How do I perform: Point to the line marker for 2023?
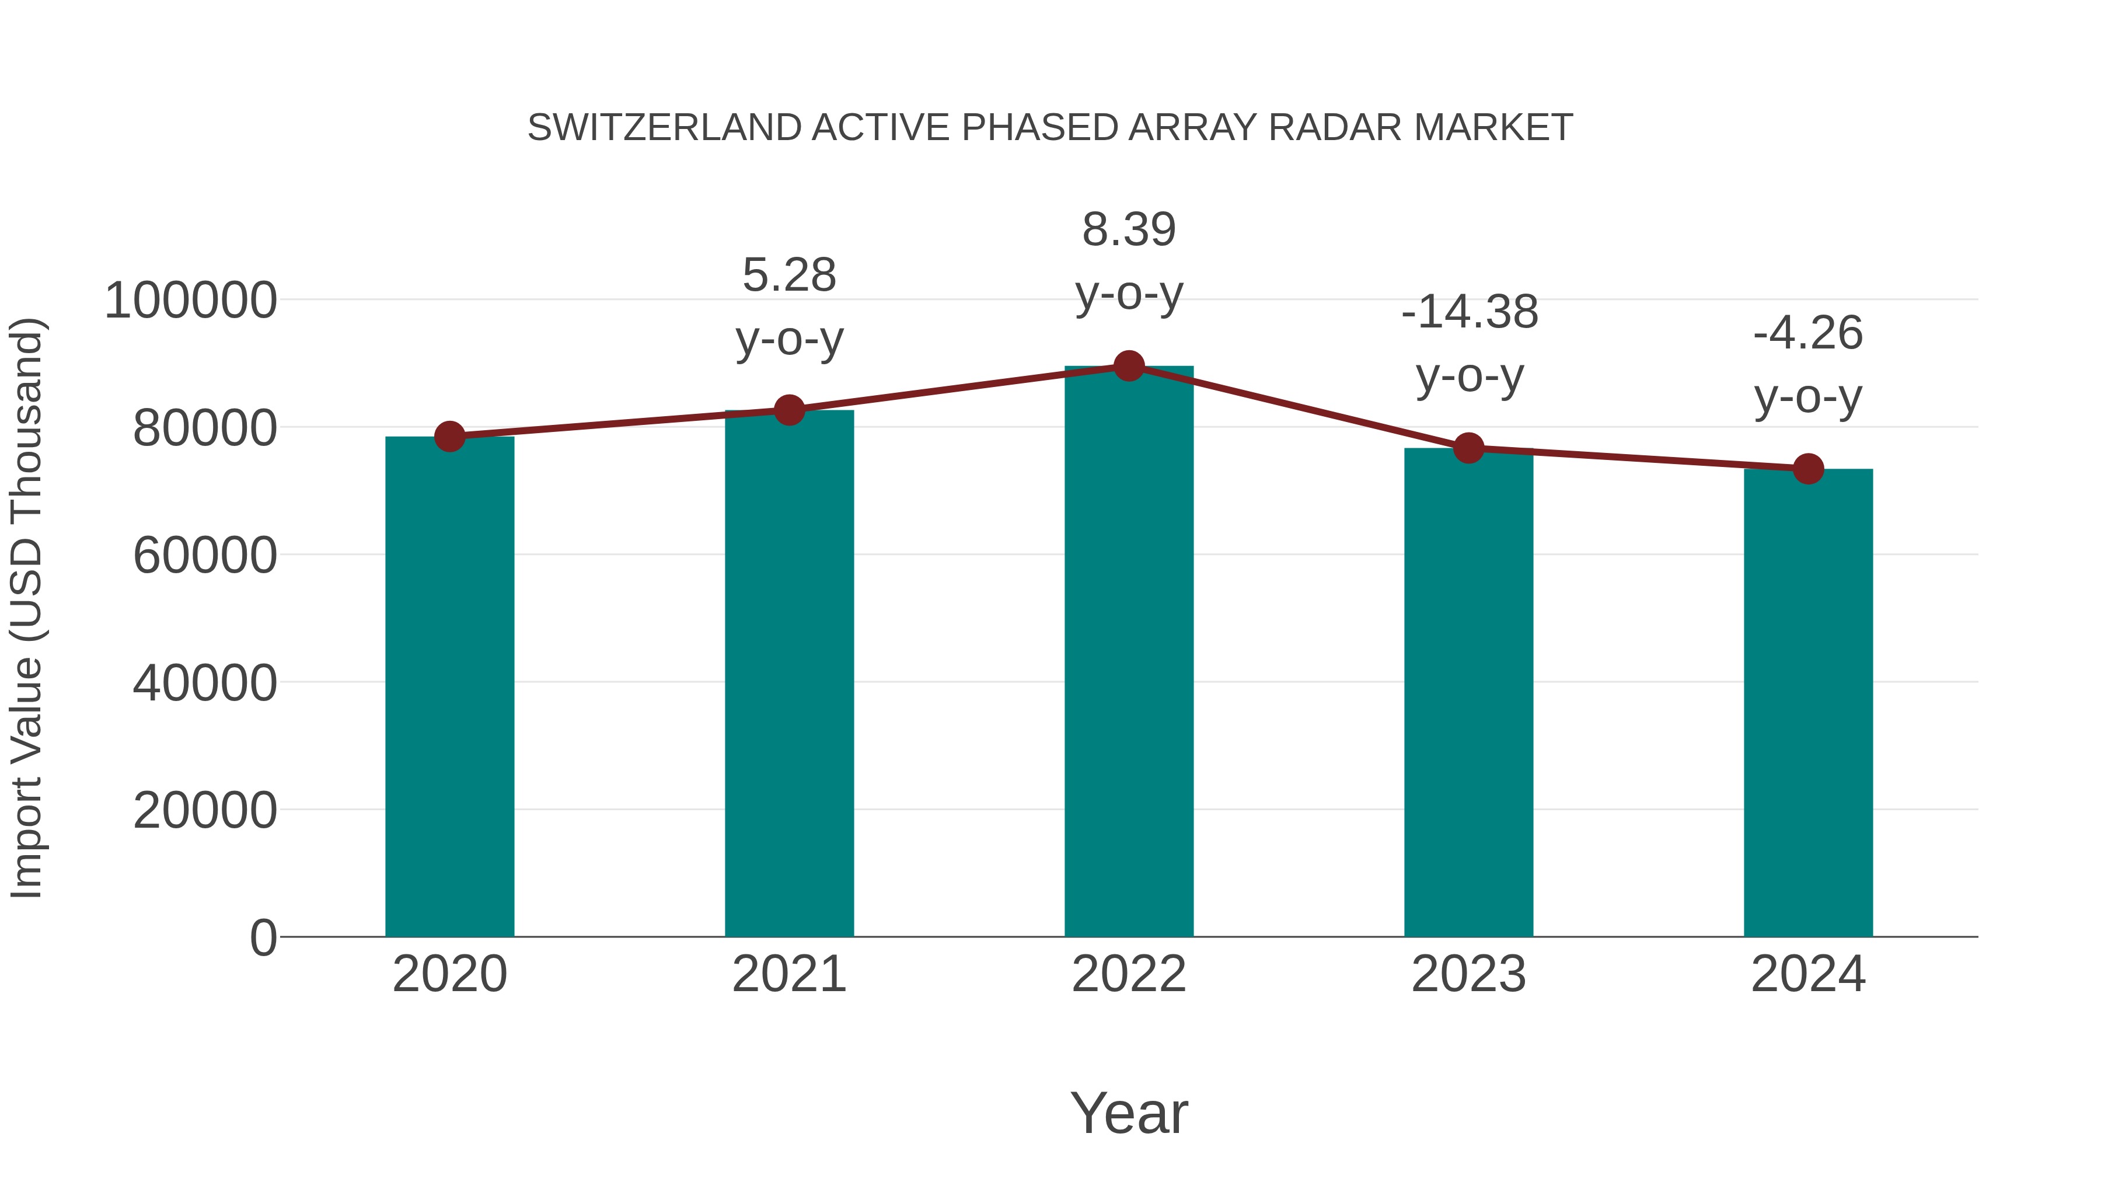point(1469,448)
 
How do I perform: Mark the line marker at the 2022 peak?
point(1129,366)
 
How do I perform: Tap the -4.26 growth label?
point(1808,334)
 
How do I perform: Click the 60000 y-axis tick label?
point(205,556)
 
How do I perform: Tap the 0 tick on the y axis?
point(263,937)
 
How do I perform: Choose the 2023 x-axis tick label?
point(1469,974)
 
